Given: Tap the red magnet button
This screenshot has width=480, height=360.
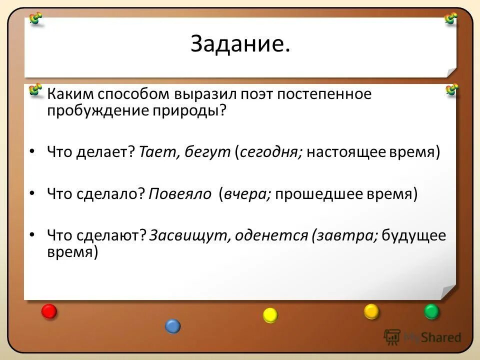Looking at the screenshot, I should pos(49,311).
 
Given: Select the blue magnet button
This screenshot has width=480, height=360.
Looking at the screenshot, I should pos(172,326).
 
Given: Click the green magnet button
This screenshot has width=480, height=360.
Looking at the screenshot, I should pos(431,311).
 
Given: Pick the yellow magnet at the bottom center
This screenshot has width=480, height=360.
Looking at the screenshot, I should pos(270,315).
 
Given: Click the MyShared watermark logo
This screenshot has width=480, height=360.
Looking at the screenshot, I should pos(422,337).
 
